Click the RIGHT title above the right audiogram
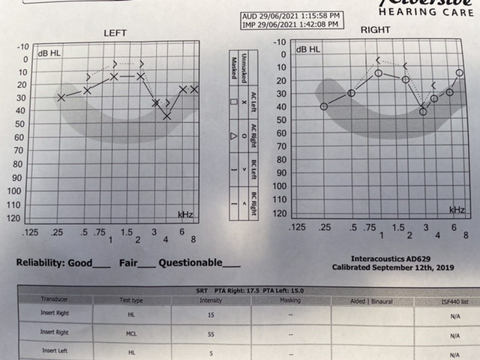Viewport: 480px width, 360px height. tap(375, 29)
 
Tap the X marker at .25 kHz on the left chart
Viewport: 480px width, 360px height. tap(61, 97)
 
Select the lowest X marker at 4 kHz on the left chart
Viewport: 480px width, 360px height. tap(166, 116)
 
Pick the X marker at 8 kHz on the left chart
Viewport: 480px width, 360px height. tap(194, 89)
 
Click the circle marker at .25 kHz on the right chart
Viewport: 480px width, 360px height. tap(324, 106)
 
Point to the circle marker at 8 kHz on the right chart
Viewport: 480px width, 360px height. tap(460, 73)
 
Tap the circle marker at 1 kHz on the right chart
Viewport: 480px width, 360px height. tap(379, 73)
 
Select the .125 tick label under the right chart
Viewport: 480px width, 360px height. tap(298, 226)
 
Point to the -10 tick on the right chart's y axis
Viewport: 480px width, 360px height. tap(280, 42)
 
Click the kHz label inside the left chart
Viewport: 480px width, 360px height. tap(186, 214)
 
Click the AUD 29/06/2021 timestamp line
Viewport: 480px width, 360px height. tap(291, 15)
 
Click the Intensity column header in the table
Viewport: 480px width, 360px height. tap(211, 300)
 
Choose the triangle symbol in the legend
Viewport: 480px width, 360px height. tap(234, 135)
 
